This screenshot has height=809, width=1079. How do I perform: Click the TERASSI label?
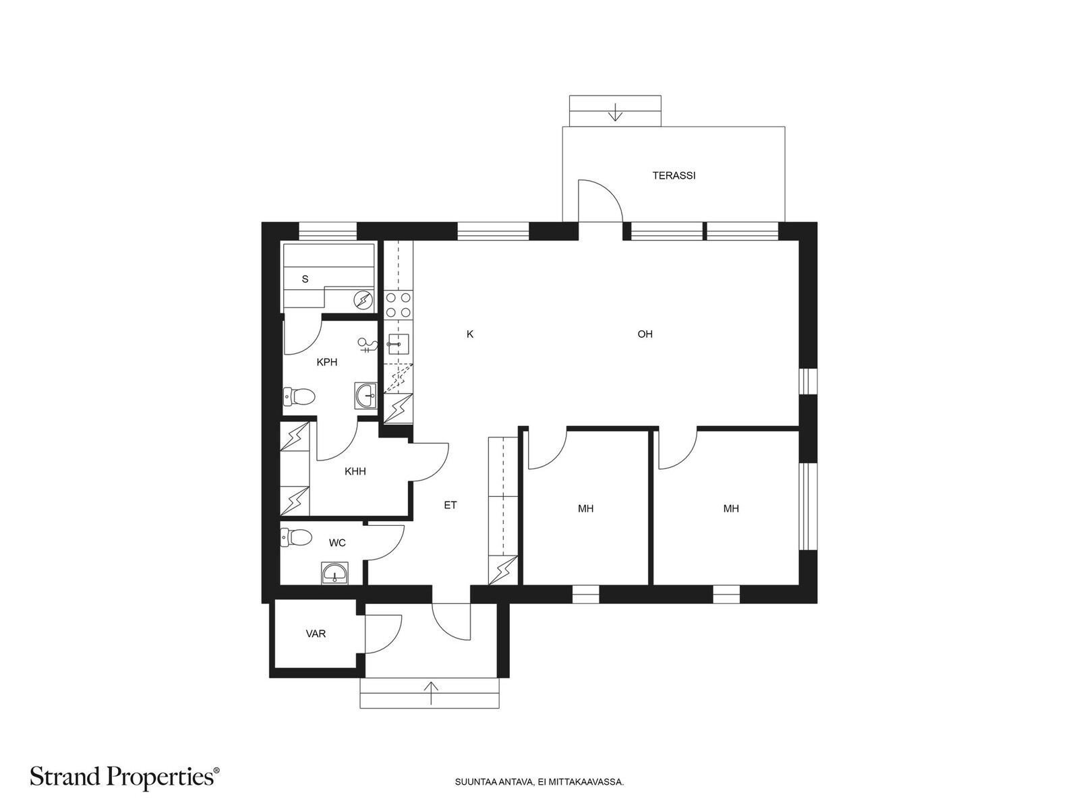(674, 175)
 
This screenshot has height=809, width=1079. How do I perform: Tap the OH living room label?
(645, 334)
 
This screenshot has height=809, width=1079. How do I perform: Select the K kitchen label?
(470, 334)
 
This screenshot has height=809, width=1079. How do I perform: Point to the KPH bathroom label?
(327, 362)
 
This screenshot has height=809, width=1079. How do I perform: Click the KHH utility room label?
(355, 471)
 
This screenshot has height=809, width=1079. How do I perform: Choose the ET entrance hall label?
(450, 504)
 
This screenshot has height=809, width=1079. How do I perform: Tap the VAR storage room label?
(316, 634)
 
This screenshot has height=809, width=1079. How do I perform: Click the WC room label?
(337, 543)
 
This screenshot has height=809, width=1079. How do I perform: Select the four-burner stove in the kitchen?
(398, 305)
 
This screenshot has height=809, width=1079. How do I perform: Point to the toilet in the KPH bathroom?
(298, 397)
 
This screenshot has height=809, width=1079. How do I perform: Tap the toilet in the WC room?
(296, 537)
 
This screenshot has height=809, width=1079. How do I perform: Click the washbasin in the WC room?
(334, 573)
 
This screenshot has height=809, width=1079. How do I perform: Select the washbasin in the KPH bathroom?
(366, 396)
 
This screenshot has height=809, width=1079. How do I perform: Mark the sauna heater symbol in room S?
(363, 299)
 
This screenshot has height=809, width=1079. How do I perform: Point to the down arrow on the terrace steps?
(615, 113)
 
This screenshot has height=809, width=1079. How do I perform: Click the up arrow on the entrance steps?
(431, 693)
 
